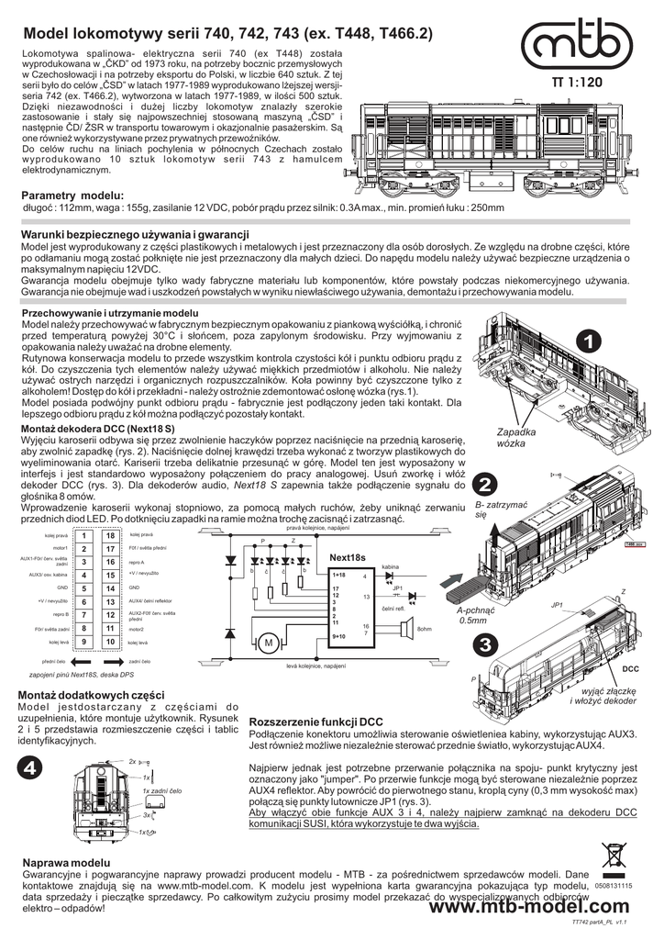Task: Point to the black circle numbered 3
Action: [487, 643]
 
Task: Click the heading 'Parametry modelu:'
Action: [72, 196]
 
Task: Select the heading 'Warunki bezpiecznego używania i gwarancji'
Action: [135, 236]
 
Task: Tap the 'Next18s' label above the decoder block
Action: [348, 558]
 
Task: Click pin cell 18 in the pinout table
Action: [109, 536]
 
